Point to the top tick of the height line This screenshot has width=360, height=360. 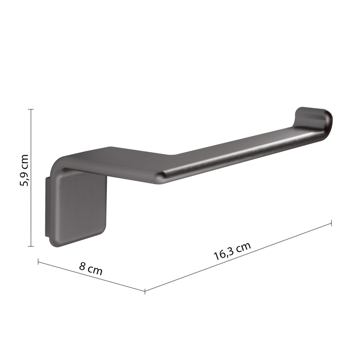coord(31,109)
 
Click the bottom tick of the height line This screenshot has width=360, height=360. coord(31,246)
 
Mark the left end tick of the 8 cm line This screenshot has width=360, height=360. coord(38,262)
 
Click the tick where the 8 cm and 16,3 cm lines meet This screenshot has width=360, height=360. coord(145,291)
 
